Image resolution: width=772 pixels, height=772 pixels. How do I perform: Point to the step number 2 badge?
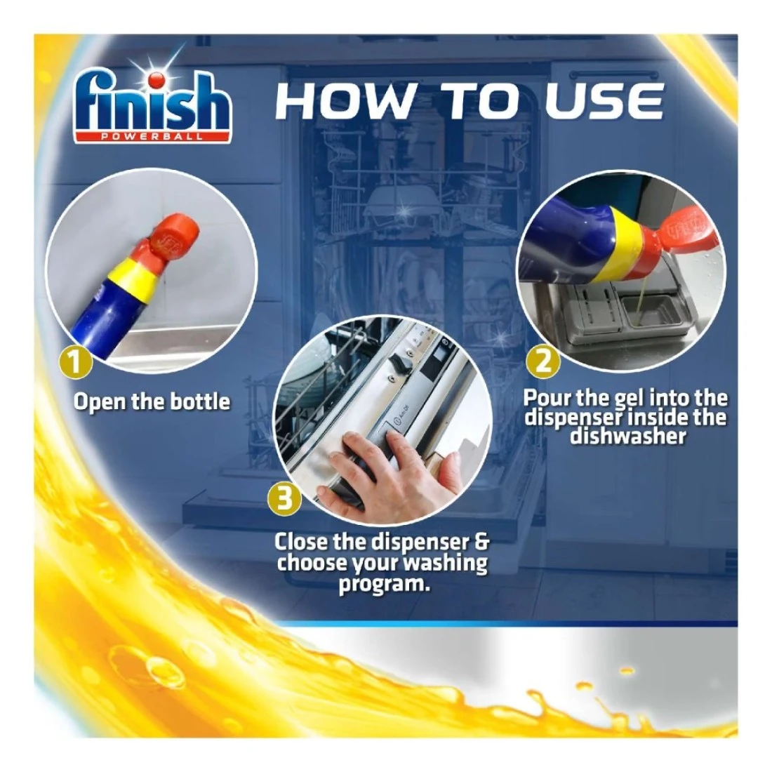[543, 362]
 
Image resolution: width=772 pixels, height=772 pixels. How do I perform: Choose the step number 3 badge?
[285, 500]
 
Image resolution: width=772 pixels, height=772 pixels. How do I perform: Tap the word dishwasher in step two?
[627, 437]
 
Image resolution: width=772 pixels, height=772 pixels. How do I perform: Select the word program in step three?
[383, 585]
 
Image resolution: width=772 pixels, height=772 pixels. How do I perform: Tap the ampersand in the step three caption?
[481, 542]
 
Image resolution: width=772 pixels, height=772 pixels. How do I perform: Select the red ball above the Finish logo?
[156, 79]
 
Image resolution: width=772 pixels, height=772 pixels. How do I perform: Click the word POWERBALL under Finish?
[152, 137]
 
